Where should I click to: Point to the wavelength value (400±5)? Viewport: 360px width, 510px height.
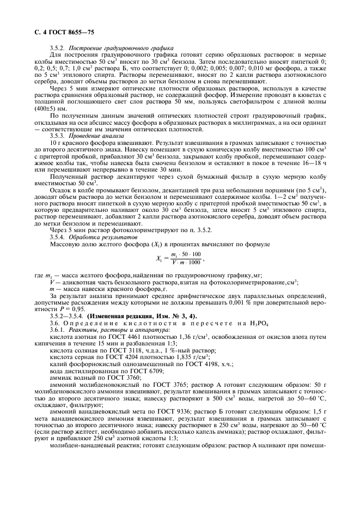[x=62, y=123]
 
